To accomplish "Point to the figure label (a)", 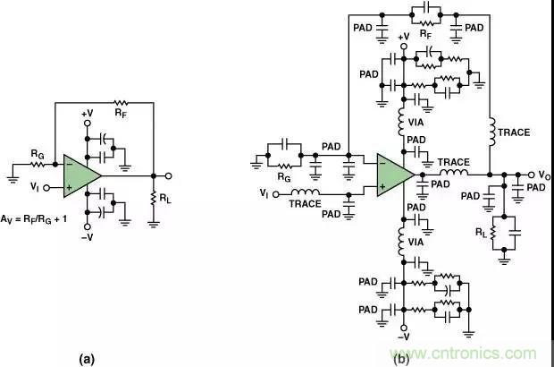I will [x=87, y=358].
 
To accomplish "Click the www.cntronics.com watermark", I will [x=472, y=352].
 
